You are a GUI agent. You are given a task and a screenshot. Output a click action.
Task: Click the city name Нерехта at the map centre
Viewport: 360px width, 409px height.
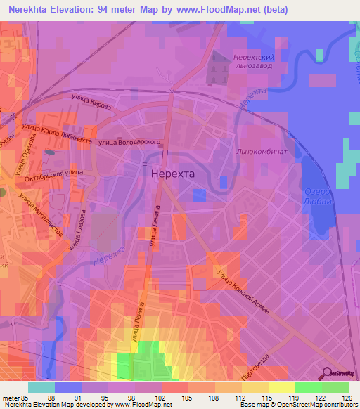173,172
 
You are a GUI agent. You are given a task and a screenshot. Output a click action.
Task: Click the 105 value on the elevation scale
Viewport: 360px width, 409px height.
188,398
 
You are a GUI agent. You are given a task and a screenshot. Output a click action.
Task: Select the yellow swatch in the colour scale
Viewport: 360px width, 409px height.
282,387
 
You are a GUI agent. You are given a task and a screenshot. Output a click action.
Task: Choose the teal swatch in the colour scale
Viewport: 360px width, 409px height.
41,387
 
